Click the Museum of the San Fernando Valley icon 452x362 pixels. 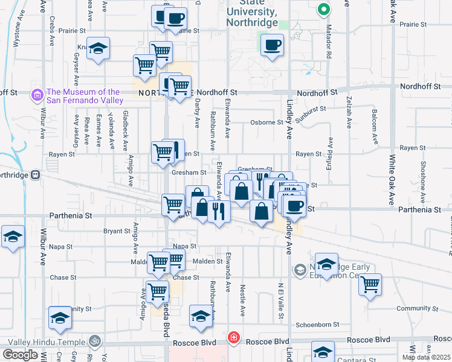tap(37, 95)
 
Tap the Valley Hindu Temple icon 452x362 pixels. tap(94, 341)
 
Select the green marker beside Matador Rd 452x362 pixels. tap(323, 10)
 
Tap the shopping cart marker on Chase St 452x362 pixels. tap(158, 291)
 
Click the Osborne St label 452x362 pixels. tap(266, 122)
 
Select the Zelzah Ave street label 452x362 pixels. tap(349, 113)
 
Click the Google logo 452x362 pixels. tap(20, 355)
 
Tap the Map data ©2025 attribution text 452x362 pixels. tap(426, 357)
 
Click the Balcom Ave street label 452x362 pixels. tap(375, 130)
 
